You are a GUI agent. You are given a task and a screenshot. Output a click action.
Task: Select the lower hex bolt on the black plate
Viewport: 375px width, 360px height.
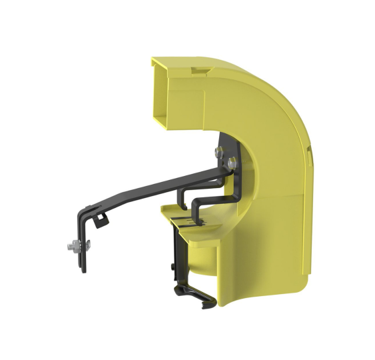[231, 162]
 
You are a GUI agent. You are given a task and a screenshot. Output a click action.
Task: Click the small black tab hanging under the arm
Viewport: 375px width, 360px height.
[101, 219]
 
